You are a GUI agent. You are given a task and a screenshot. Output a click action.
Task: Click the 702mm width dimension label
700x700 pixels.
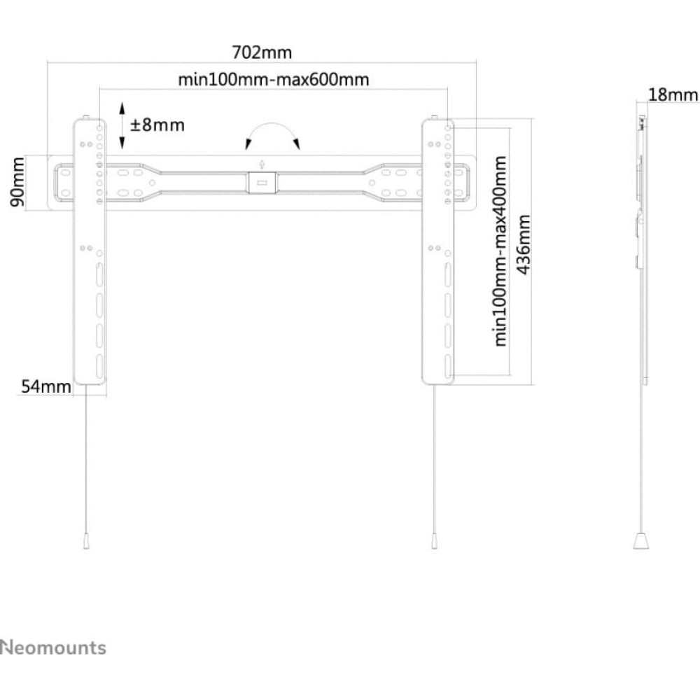(x=262, y=52)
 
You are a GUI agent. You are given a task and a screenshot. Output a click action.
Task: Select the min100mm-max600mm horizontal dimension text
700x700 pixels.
(x=274, y=80)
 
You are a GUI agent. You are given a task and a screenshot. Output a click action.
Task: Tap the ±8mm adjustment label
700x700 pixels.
(x=157, y=125)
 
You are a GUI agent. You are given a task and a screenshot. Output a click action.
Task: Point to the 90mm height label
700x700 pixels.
(x=17, y=182)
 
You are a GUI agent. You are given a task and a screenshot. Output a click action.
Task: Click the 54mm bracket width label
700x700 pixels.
(x=46, y=386)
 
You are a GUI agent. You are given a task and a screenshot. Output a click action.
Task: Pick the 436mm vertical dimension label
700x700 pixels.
(x=523, y=244)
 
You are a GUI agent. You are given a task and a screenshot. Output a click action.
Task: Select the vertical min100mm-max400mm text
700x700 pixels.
(x=500, y=251)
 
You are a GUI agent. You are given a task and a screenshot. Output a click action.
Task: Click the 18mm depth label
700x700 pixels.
(x=673, y=94)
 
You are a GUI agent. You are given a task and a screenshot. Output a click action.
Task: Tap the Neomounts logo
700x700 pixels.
(x=53, y=647)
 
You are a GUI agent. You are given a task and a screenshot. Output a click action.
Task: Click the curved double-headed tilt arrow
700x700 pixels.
(x=272, y=124)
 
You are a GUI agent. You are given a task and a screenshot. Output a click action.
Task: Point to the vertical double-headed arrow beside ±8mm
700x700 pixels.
(x=122, y=125)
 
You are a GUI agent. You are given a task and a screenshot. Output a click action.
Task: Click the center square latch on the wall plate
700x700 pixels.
(x=262, y=183)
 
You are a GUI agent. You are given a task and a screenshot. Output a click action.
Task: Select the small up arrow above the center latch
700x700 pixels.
(x=262, y=164)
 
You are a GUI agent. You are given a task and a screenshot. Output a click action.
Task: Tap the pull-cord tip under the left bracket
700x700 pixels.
(x=86, y=542)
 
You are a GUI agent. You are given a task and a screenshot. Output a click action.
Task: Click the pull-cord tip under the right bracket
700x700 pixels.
(x=435, y=542)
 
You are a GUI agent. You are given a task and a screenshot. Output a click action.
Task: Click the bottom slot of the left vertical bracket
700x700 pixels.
(x=99, y=367)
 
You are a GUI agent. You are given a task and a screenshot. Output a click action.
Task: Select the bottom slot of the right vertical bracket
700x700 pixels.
(x=448, y=367)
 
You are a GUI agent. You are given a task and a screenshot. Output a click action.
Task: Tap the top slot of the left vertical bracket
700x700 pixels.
(x=99, y=274)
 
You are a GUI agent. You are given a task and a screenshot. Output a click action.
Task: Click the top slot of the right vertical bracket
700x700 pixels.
(x=448, y=274)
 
